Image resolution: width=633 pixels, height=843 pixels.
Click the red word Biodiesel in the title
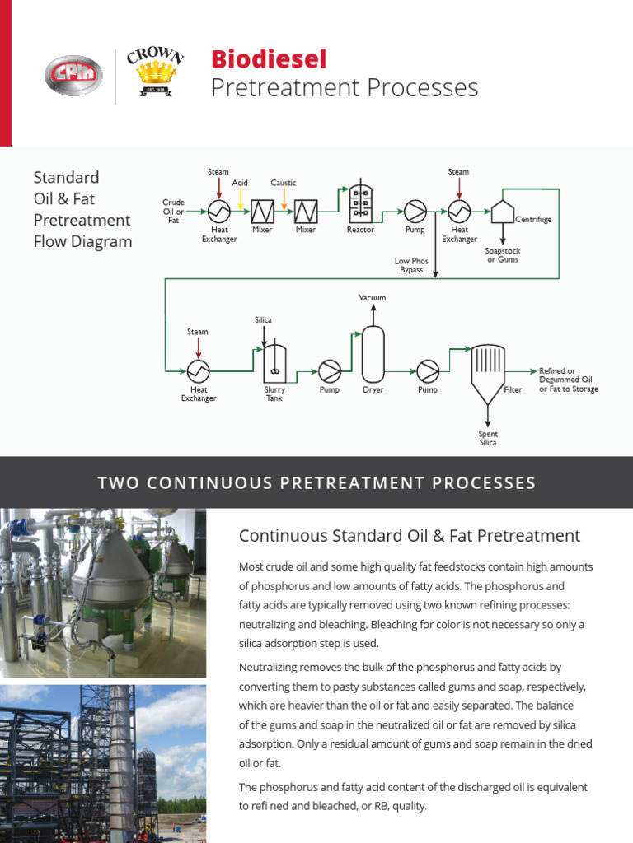pyautogui.click(x=269, y=59)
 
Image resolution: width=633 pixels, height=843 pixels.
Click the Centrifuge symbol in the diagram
pyautogui.click(x=502, y=210)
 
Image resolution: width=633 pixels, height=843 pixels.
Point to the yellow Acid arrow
pyautogui.click(x=240, y=198)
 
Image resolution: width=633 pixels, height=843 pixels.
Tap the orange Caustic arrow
pyautogui.click(x=284, y=198)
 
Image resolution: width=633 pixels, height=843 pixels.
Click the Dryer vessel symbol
pyautogui.click(x=373, y=354)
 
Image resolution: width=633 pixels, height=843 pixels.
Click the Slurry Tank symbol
pyautogui.click(x=274, y=361)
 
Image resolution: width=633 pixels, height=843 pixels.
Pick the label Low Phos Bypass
pyautogui.click(x=411, y=265)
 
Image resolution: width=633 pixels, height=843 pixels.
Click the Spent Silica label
pyautogui.click(x=488, y=438)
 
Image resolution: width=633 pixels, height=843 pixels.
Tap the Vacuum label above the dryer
pyautogui.click(x=373, y=297)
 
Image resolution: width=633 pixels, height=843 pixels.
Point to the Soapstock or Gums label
pyautogui.click(x=503, y=255)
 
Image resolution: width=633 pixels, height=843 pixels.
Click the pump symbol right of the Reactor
pyautogui.click(x=415, y=210)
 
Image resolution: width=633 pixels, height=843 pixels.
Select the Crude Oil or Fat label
pyautogui.click(x=174, y=211)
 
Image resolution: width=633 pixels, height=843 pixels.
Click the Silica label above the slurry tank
pyautogui.click(x=263, y=319)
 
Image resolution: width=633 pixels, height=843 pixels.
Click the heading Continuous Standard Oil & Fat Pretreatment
pyautogui.click(x=410, y=536)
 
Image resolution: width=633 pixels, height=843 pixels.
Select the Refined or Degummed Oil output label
pyautogui.click(x=568, y=380)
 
